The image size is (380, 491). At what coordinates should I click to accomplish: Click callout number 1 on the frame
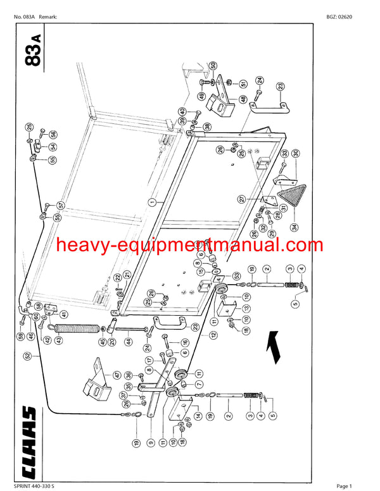[152, 202]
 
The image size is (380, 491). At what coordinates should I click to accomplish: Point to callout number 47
[98, 375]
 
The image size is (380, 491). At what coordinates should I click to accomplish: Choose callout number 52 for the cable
[27, 356]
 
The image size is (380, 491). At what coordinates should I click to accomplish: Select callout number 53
[237, 275]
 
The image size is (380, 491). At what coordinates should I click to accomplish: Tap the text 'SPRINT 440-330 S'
[33, 485]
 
